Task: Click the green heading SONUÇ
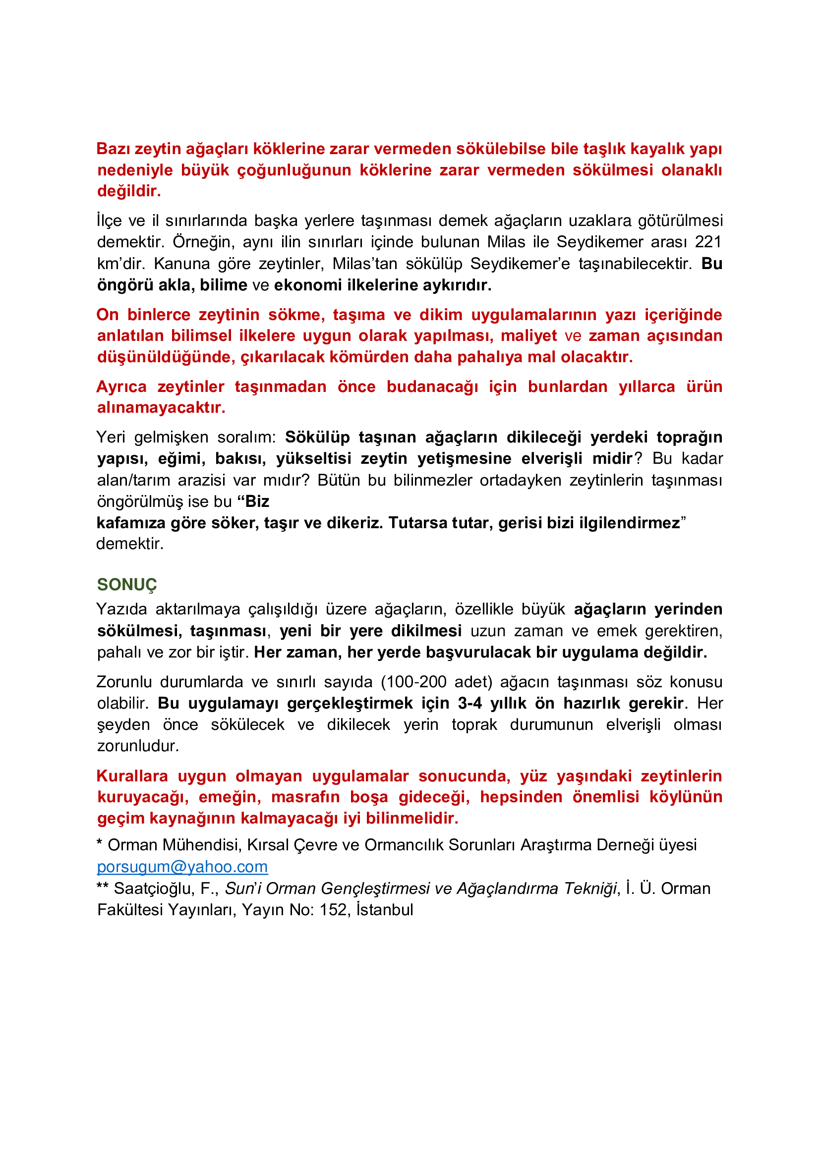[127, 585]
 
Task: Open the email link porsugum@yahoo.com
[182, 866]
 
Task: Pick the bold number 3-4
[469, 703]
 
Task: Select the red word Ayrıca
[121, 386]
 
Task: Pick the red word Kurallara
[132, 776]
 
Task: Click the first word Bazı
[113, 149]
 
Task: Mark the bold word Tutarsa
[417, 522]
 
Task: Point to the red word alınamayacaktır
[161, 407]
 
